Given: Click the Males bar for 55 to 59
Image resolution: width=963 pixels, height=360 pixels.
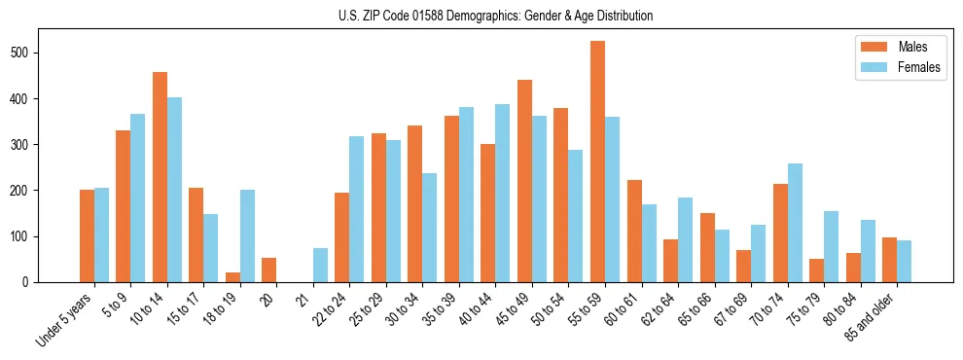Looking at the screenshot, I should pos(597,162).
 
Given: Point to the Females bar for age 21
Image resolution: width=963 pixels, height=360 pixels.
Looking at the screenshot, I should pos(320,266).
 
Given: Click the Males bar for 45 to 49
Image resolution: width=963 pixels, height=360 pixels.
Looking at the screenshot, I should pos(524,181).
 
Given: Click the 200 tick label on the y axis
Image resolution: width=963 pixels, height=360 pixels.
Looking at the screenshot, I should pos(26,191).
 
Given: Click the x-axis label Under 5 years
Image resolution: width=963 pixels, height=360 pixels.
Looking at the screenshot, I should pos(66,319).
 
